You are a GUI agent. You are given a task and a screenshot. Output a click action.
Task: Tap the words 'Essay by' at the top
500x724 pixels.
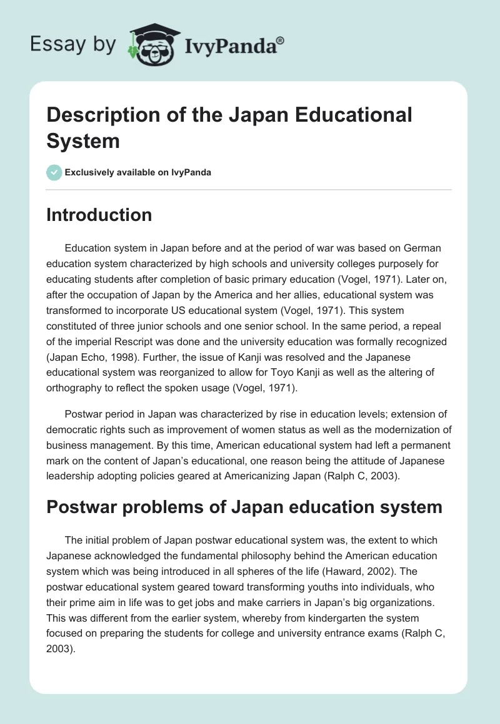72,45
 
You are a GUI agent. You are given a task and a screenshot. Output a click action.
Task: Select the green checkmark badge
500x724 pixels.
54,172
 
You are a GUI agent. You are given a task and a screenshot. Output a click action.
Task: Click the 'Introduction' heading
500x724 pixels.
99,215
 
